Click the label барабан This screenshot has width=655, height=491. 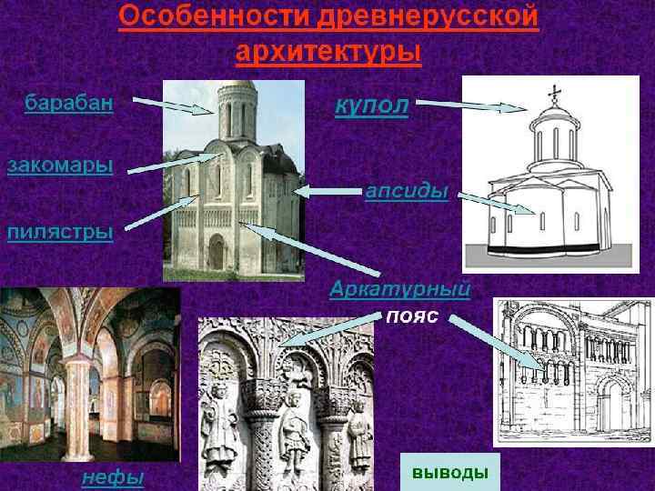pos(69,103)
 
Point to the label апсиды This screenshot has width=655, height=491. pos(407,192)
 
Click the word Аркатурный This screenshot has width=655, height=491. pos(399,290)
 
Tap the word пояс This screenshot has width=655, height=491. pos(413,317)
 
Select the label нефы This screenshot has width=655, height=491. pos(113,476)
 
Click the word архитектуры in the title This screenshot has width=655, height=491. pos(328,52)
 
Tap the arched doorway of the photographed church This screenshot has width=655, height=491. pos(216,252)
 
